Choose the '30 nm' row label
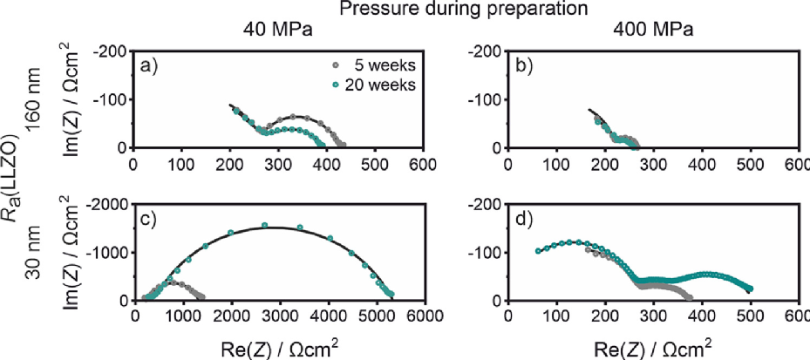point(32,253)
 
